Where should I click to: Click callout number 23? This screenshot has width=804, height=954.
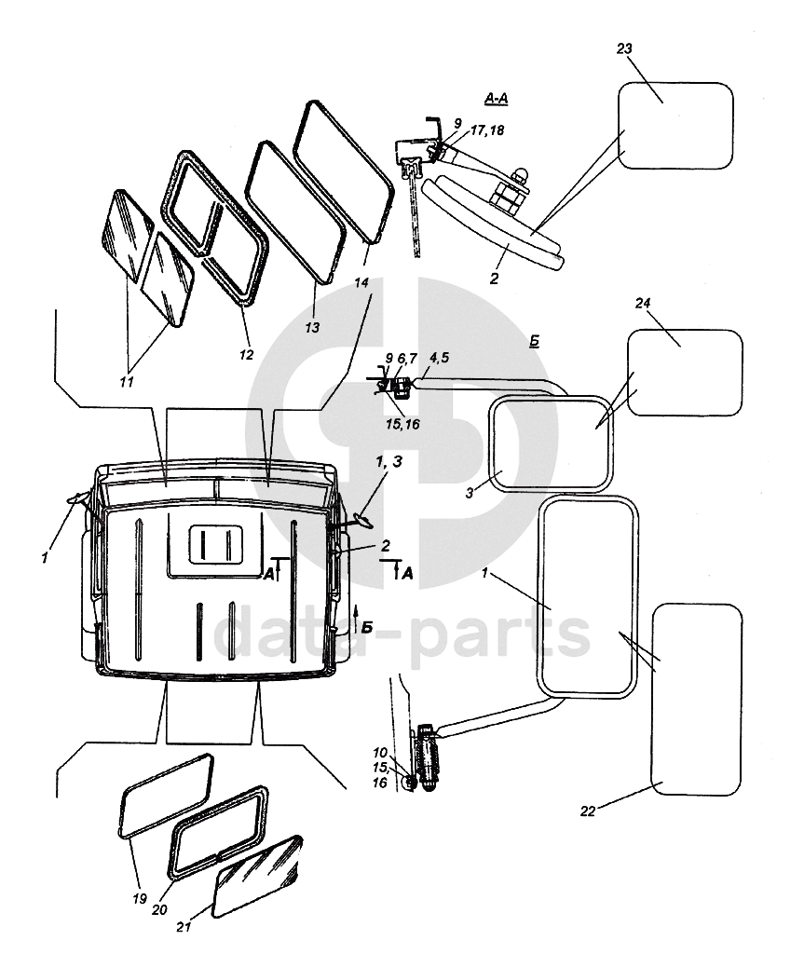624,48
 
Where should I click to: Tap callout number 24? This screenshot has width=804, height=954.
643,303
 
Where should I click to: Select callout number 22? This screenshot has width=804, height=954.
587,811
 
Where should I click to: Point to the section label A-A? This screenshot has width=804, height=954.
496,98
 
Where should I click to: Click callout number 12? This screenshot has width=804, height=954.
246,355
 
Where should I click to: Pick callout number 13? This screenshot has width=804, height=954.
311,328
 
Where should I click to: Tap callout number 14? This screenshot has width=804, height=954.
361,282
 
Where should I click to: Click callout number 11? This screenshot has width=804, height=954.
126,382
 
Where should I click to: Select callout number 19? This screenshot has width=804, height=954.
140,899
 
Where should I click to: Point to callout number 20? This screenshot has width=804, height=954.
159,910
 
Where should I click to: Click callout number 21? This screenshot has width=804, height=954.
184,927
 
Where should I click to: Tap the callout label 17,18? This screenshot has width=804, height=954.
487,130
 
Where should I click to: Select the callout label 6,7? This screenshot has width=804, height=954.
407,359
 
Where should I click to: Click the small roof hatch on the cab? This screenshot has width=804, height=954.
216,544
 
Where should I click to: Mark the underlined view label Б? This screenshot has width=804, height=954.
535,341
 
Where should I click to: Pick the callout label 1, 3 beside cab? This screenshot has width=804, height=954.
388,462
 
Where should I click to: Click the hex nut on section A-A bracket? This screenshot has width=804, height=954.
505,196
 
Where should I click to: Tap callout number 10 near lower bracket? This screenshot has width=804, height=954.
380,754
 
